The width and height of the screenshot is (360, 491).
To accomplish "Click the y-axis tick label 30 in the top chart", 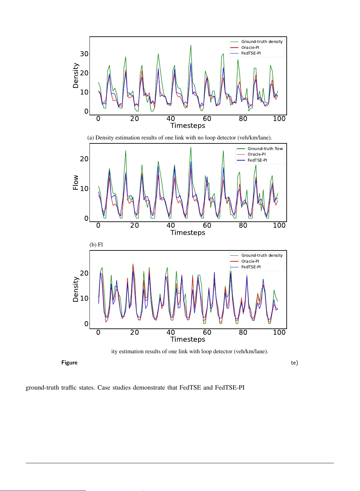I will [84, 54].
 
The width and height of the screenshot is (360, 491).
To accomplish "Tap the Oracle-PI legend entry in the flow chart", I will [256, 154].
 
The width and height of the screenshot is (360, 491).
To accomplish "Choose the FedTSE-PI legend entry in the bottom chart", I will [251, 267].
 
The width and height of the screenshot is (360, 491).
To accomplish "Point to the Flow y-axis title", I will [76, 182].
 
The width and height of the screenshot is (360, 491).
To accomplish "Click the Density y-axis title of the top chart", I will [76, 76].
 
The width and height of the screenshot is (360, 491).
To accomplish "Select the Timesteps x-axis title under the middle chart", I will [188, 233].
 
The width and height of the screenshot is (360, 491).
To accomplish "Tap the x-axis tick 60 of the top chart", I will [207, 119].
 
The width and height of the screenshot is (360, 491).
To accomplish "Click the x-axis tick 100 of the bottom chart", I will [279, 332].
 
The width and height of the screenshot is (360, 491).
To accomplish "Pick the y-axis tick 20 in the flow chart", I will [84, 159].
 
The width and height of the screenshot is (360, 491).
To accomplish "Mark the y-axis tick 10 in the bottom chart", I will [84, 298].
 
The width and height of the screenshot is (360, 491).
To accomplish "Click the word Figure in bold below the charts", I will [69, 362].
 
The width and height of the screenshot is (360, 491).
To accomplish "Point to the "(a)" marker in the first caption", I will [91, 137].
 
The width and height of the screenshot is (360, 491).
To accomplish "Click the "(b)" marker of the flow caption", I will [93, 245].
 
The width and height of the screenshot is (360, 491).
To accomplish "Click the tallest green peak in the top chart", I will [191, 46].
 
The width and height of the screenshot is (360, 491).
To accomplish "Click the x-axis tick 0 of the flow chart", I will [98, 225].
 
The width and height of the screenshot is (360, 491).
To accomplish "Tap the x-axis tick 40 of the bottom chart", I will [170, 332].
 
